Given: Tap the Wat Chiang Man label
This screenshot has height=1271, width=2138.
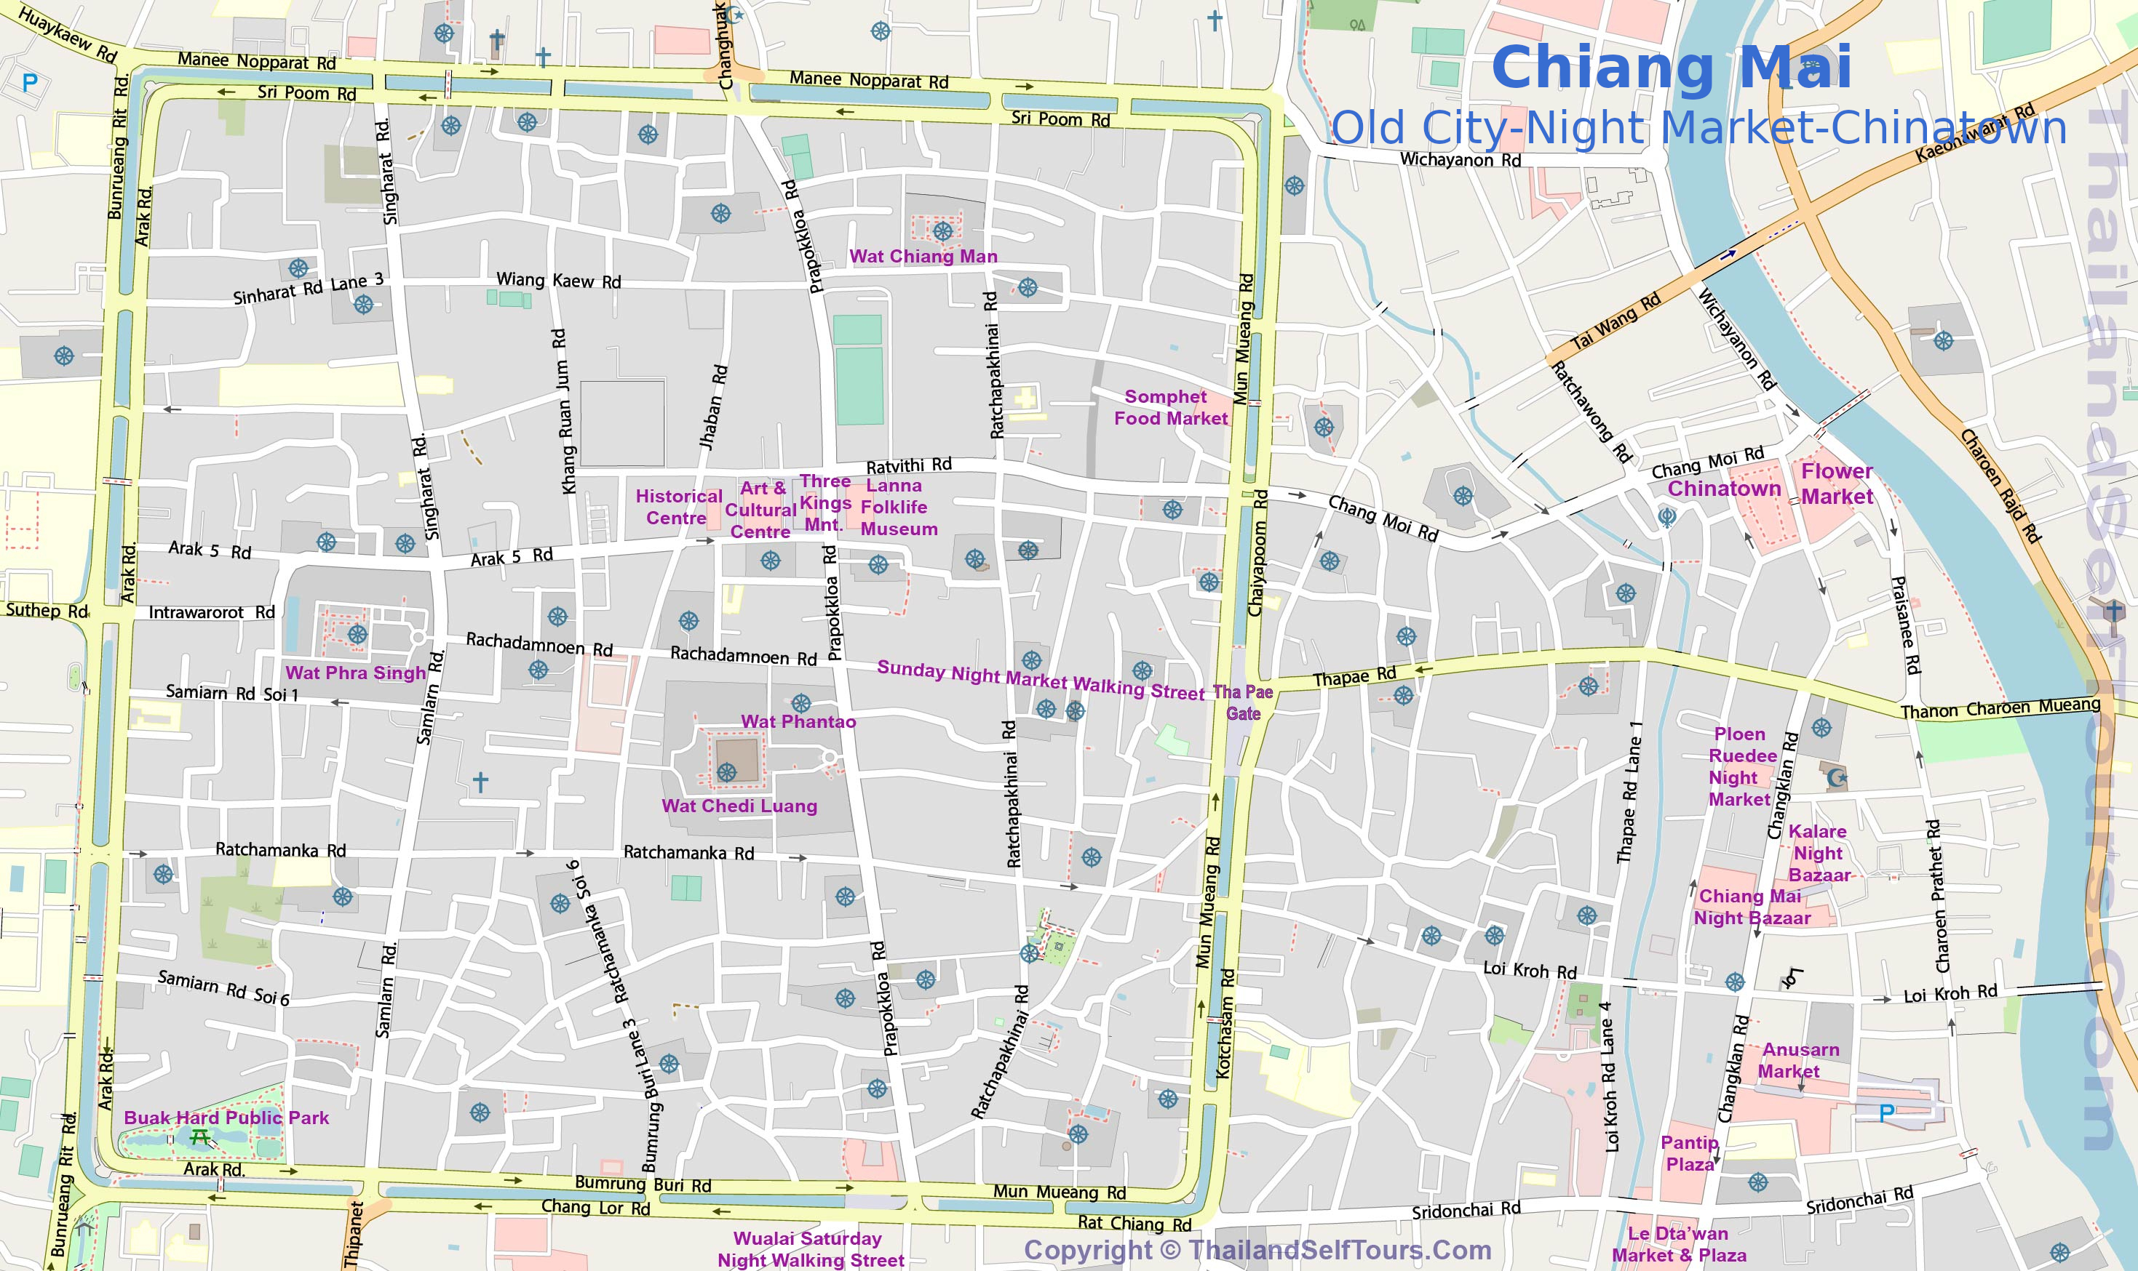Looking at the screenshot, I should click(x=923, y=256).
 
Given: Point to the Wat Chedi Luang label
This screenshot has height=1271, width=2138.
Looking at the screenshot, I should click(x=739, y=806).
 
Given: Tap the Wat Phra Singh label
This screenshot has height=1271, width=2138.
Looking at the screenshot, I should click(x=355, y=673).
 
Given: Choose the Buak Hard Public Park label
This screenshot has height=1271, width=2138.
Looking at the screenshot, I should click(x=226, y=1118).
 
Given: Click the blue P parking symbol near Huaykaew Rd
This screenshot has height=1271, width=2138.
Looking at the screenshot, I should click(x=30, y=83).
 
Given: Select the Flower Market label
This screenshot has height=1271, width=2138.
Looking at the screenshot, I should click(x=1837, y=484).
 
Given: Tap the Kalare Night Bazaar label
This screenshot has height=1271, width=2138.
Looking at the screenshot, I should click(x=1819, y=853).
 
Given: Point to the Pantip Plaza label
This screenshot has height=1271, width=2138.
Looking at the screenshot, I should click(x=1689, y=1152).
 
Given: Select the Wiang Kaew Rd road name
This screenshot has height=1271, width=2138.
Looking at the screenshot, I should click(x=559, y=281).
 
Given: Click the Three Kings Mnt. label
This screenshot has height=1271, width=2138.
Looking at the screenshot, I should click(x=824, y=502).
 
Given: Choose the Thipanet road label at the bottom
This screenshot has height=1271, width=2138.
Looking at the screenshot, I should click(x=354, y=1234).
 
